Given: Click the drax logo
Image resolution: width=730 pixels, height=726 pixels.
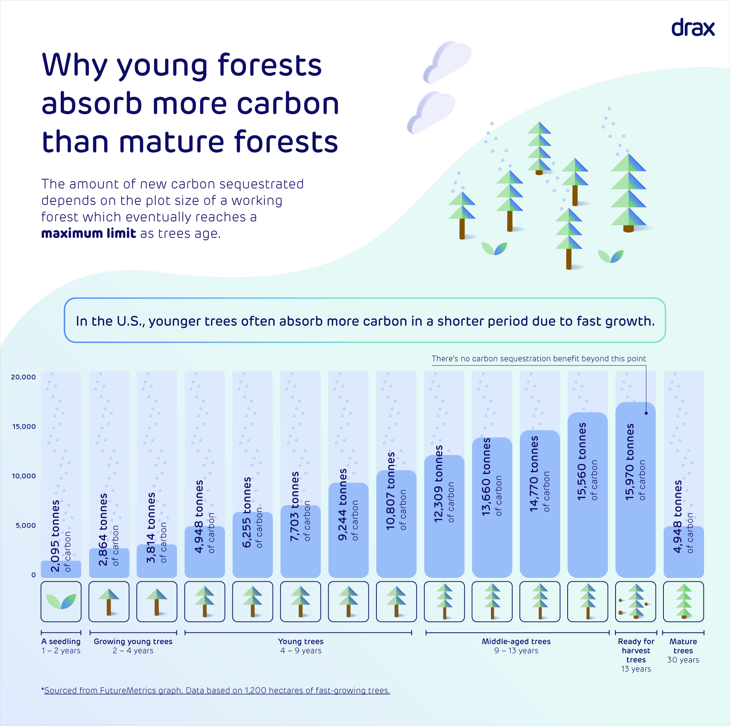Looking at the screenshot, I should tap(693, 28).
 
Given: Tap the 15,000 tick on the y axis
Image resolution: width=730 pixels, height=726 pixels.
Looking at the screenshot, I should tap(24, 426).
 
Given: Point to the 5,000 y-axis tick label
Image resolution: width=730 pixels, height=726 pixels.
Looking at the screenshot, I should tap(25, 525).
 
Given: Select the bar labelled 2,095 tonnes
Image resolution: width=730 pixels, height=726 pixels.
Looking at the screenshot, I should tap(61, 569).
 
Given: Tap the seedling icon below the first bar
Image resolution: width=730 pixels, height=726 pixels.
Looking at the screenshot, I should tap(61, 601).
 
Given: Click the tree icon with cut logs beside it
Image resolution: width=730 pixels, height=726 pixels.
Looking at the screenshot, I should tap(635, 601).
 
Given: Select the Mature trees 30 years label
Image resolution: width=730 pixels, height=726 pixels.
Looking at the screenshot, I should tap(683, 650).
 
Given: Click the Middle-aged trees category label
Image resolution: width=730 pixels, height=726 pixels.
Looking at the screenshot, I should tap(516, 641).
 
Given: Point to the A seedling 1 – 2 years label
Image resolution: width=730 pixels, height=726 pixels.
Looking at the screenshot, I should tap(61, 646).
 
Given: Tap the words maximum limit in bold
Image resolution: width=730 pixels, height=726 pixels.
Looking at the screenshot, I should tap(88, 233).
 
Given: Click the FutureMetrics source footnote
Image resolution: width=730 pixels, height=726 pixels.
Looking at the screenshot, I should tap(217, 690).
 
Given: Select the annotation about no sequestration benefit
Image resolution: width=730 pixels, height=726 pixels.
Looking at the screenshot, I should tap(538, 359).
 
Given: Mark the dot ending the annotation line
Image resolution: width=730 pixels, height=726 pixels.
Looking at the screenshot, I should tap(646, 413).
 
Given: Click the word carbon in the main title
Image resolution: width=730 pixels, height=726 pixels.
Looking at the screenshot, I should tap(287, 104).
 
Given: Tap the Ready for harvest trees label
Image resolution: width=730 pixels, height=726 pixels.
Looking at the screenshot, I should tap(636, 655).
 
